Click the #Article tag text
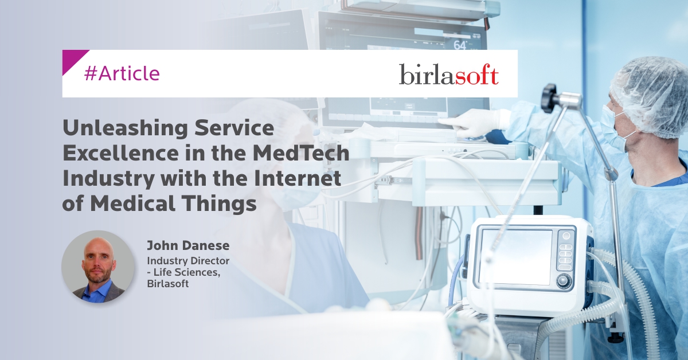[x=122, y=74]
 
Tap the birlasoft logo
[x=449, y=74]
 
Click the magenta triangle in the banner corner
[x=74, y=61]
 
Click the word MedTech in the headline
[x=301, y=153]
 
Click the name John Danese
[x=188, y=245]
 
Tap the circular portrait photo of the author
[x=98, y=267]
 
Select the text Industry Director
[x=188, y=261]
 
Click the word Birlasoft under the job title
[x=167, y=284]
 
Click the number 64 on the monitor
[x=460, y=45]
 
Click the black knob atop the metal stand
[x=549, y=97]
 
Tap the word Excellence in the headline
[x=121, y=153]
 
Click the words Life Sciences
[x=186, y=272]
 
